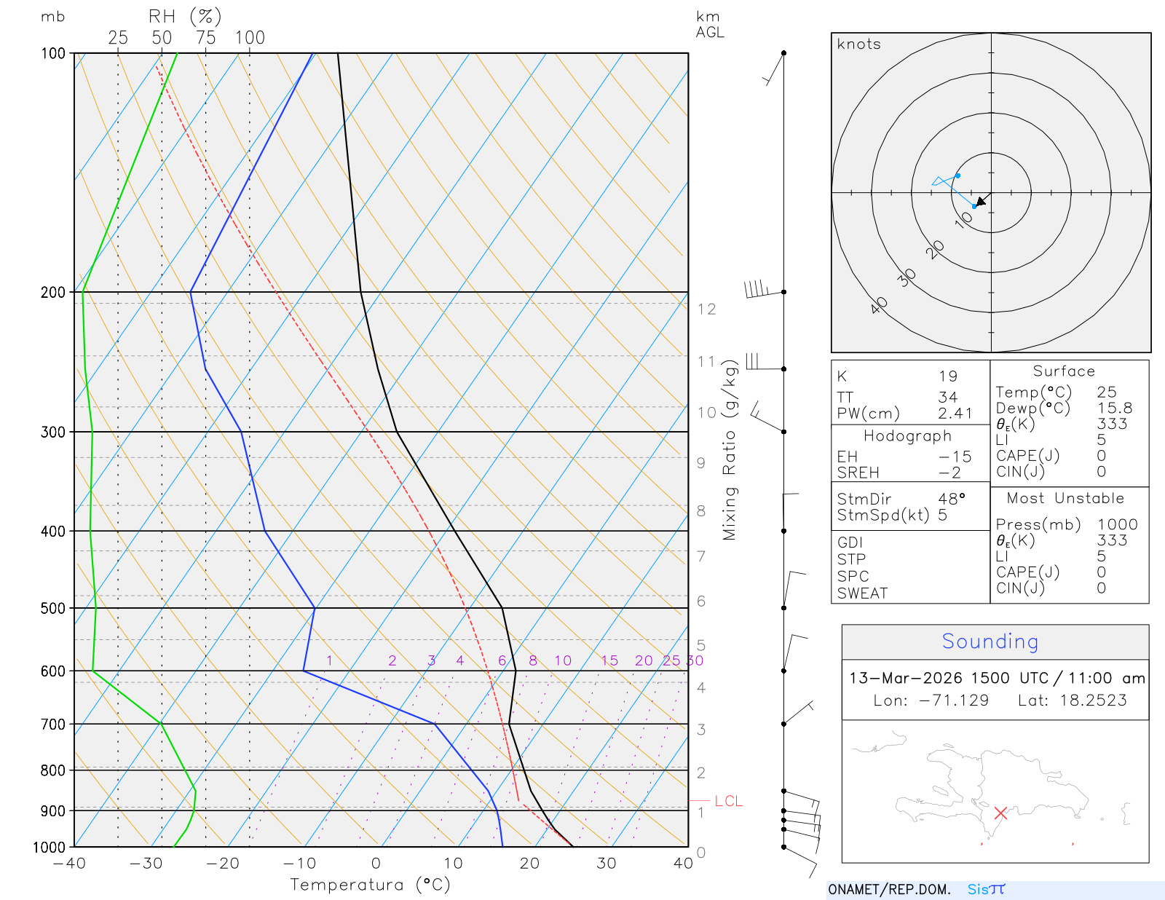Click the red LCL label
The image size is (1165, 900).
coord(728,801)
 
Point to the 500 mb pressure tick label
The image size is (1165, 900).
coord(53,608)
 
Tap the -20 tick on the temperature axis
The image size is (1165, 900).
coord(222,864)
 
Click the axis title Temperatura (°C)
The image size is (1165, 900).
coord(370,885)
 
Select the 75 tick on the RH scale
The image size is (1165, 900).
coord(205,38)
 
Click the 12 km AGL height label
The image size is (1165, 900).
coord(706,309)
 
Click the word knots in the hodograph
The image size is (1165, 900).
coord(858,44)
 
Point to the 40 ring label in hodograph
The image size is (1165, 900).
coord(879,305)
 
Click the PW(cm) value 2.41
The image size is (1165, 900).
coord(955,414)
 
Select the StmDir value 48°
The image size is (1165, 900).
coord(952,499)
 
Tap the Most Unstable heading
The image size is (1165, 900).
coord(1065,499)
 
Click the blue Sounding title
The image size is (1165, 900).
coord(990,642)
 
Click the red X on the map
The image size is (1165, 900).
coord(1000,813)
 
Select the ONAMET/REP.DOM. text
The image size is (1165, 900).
coord(889,890)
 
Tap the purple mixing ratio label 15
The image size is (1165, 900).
coord(609,660)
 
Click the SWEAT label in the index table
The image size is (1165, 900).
coord(862,593)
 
